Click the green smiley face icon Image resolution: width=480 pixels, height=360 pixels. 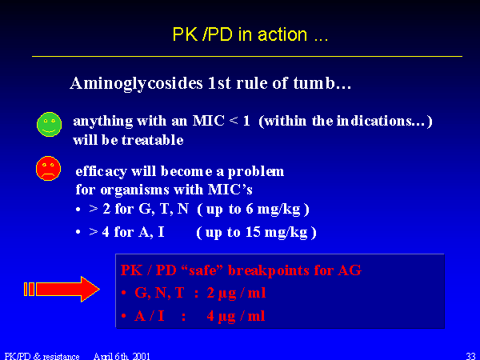point(49,124)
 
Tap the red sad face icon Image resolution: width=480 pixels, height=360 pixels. point(48,168)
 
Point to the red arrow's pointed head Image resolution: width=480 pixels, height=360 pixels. point(99,289)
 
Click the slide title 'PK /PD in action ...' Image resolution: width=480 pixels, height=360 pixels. point(250,34)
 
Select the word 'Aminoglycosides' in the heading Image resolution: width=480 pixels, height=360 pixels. point(136,83)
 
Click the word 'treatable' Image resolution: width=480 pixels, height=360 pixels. point(153,140)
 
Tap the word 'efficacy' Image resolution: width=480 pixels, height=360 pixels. point(101,171)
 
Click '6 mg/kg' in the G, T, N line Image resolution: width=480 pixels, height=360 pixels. point(273,210)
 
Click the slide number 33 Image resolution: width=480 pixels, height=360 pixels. point(470,356)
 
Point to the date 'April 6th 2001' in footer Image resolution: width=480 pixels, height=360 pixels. point(122,356)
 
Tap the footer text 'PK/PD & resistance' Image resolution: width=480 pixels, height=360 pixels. point(42,356)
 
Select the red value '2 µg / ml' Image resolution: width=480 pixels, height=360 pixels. point(236,294)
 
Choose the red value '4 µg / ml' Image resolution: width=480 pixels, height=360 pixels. point(236,316)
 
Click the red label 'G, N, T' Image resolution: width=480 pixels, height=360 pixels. point(159,293)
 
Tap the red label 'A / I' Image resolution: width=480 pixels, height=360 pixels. point(150,316)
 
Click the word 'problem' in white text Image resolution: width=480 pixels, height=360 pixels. point(256,172)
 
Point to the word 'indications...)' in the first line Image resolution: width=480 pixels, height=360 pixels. point(384,121)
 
